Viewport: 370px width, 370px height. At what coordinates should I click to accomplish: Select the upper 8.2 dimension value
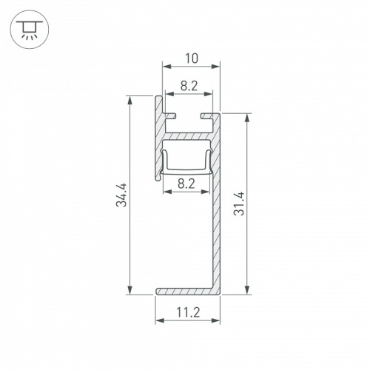point(189,86)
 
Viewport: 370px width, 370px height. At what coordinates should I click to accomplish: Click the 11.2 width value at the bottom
point(188,313)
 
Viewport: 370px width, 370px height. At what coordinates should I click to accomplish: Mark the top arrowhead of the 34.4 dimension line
point(130,99)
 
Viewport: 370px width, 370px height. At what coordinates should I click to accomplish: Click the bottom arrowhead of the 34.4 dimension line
point(130,291)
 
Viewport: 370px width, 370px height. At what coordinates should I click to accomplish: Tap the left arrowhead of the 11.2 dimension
point(158,322)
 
